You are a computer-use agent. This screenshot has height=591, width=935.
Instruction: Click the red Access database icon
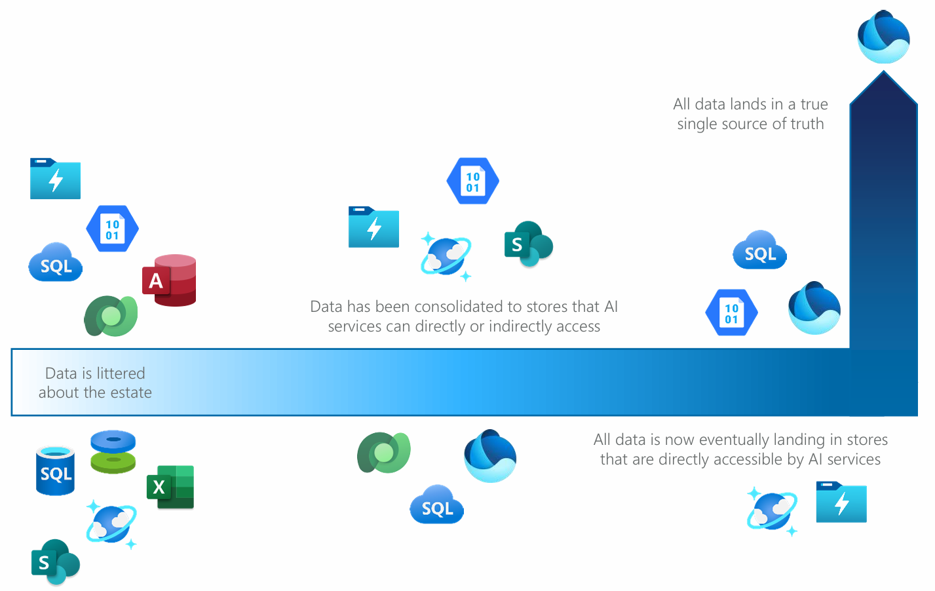pyautogui.click(x=169, y=280)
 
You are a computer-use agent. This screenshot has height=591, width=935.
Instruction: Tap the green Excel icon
pyautogui.click(x=170, y=487)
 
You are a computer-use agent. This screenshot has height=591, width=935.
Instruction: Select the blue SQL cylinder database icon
pyautogui.click(x=55, y=470)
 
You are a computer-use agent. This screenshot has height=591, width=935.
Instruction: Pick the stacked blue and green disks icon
pyautogui.click(x=113, y=451)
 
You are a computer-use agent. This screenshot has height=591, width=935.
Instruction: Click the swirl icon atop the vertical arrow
pyautogui.click(x=883, y=37)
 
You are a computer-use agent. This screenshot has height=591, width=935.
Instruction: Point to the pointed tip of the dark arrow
pyautogui.click(x=883, y=73)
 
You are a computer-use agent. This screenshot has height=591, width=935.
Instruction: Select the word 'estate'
pyautogui.click(x=131, y=392)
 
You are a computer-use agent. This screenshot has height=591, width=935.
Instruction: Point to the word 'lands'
pyautogui.click(x=748, y=104)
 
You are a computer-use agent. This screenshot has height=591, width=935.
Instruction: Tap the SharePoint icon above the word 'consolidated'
pyautogui.click(x=528, y=244)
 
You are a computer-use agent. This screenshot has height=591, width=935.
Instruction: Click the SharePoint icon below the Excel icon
pyautogui.click(x=55, y=562)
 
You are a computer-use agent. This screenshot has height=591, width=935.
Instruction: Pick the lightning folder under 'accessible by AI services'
pyautogui.click(x=841, y=502)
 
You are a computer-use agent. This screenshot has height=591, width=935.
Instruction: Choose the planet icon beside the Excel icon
pyautogui.click(x=111, y=525)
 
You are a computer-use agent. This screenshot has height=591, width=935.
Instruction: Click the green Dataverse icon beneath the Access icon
pyautogui.click(x=111, y=316)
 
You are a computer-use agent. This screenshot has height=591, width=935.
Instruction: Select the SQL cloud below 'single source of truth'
pyautogui.click(x=759, y=251)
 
